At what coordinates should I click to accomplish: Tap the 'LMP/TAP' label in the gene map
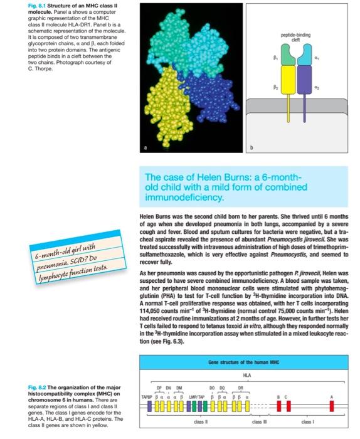pos(206,394)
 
